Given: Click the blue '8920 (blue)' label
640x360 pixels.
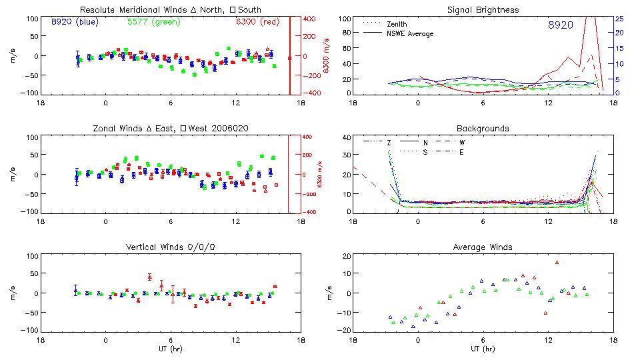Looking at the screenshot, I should pyautogui.click(x=75, y=22).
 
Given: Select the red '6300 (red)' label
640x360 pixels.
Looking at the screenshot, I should pyautogui.click(x=257, y=22).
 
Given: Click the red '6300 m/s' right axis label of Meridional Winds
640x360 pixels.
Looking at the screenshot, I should pyautogui.click(x=327, y=56).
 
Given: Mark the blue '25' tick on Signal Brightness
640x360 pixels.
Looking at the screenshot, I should pyautogui.click(x=619, y=19).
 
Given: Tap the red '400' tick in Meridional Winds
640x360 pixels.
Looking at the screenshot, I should pyautogui.click(x=310, y=19).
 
